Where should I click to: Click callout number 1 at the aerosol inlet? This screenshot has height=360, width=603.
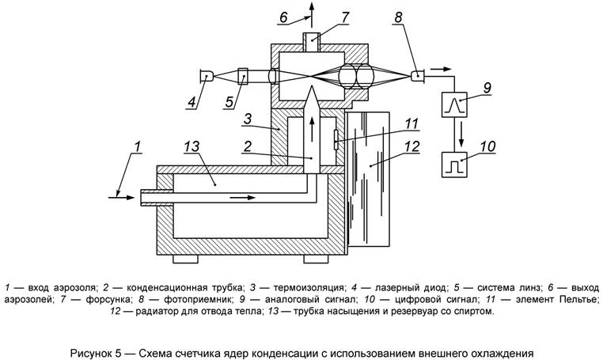[138, 146]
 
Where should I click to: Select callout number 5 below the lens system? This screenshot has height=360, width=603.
[229, 101]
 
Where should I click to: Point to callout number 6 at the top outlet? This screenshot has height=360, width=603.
[283, 16]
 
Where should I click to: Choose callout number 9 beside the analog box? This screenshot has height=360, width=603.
[487, 87]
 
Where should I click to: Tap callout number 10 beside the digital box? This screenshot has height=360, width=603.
[487, 146]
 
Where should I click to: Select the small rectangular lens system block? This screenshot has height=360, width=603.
[243, 77]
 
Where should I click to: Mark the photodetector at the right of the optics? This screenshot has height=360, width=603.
[417, 76]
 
